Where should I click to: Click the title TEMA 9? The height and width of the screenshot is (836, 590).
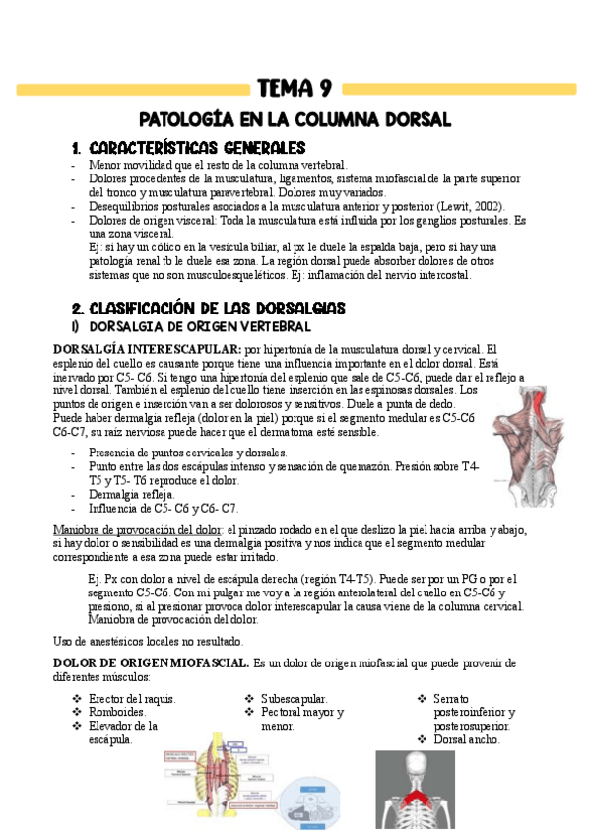(295, 90)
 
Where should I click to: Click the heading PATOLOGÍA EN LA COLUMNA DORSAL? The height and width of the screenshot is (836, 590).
(295, 120)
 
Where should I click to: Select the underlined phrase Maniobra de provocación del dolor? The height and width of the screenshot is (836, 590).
(143, 529)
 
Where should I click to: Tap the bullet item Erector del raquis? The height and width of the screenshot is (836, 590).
(133, 699)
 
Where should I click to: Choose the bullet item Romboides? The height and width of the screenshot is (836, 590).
(117, 712)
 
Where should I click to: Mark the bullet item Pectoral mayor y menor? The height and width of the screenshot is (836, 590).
(301, 719)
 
